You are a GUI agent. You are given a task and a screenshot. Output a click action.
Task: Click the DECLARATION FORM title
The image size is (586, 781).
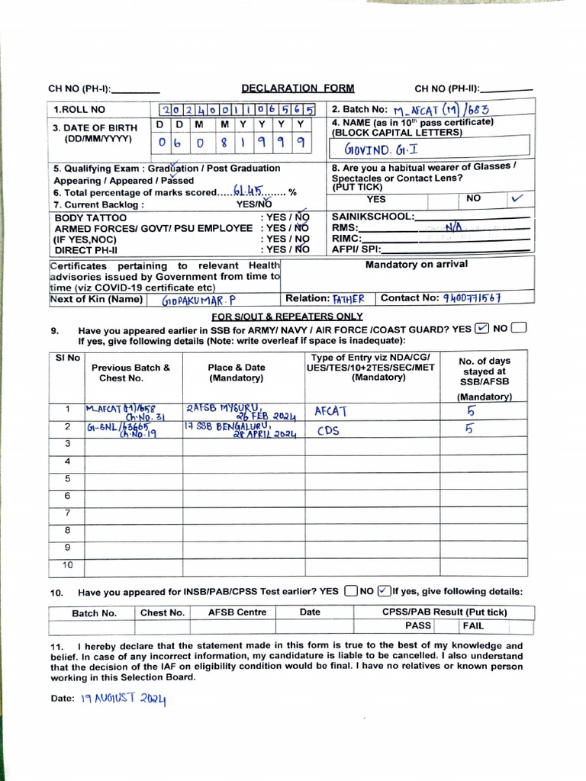click(298, 88)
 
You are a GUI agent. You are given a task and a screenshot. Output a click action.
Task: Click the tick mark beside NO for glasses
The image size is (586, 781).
click(518, 198)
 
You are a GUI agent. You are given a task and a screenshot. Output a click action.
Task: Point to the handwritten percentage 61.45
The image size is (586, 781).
click(249, 192)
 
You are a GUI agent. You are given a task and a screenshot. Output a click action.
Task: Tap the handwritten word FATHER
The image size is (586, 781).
click(349, 299)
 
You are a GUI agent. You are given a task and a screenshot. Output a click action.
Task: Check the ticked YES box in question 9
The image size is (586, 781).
click(481, 329)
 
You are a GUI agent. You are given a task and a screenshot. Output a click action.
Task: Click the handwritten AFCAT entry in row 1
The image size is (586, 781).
click(330, 411)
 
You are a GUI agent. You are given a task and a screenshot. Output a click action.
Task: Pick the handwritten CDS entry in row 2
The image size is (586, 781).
click(328, 429)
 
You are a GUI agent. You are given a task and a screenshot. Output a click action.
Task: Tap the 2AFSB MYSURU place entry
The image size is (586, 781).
click(239, 411)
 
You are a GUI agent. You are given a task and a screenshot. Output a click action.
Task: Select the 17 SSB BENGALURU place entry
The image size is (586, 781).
click(239, 429)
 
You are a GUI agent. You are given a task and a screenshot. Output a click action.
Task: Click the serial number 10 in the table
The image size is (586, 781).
click(67, 565)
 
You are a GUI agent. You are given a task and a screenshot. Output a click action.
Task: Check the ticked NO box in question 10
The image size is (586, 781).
click(384, 591)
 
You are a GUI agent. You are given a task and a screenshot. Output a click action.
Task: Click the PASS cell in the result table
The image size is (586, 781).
click(418, 625)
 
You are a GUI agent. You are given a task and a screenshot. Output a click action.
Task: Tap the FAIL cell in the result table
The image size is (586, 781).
click(473, 625)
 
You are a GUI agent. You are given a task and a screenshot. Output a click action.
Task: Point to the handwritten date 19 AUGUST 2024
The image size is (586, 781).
click(123, 698)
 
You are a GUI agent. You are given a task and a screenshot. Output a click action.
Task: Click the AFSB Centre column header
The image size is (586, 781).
click(237, 612)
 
